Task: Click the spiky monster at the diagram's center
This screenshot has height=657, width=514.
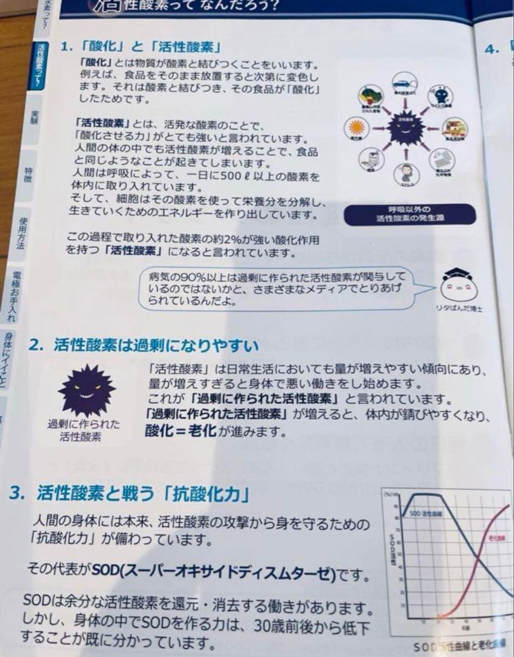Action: [x=403, y=128]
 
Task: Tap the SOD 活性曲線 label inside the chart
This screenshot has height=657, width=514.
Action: [x=426, y=513]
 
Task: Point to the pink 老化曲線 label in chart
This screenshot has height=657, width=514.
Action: [x=496, y=538]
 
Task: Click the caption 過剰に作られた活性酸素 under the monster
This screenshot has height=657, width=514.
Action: [x=83, y=430]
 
